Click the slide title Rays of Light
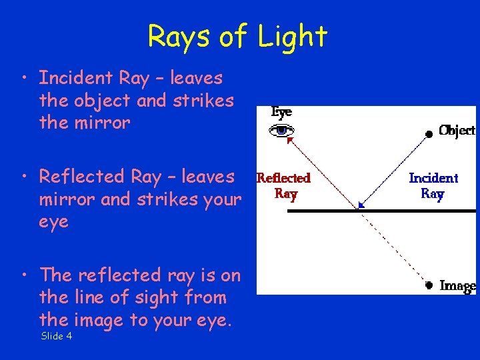click(237, 36)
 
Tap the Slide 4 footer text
click(57, 336)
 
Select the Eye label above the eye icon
click(281, 112)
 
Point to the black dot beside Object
click(429, 134)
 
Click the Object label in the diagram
click(457, 131)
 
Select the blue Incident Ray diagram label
click(433, 185)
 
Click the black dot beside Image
click(429, 286)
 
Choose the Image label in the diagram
click(457, 285)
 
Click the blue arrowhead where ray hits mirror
click(361, 206)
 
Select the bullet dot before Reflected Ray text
click(24, 177)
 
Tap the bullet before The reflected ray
click(24, 275)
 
